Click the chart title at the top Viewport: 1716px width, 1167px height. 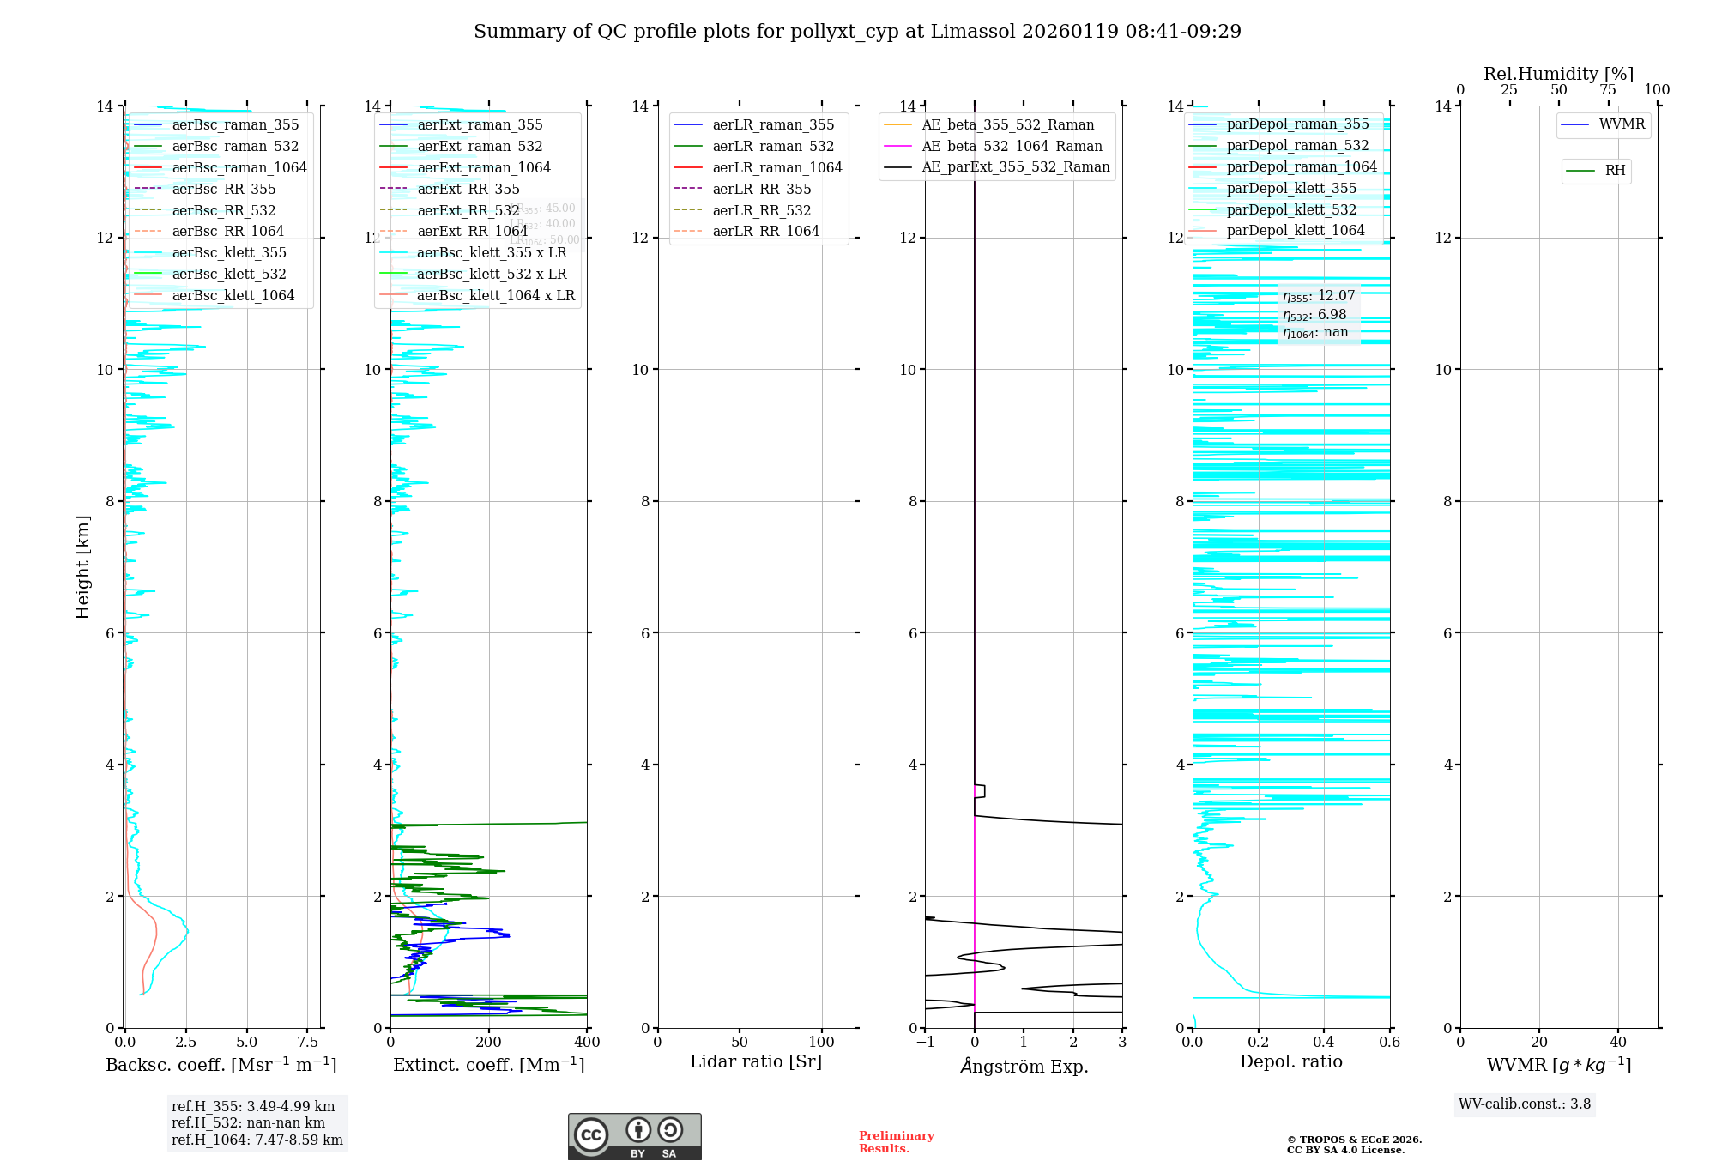tap(857, 32)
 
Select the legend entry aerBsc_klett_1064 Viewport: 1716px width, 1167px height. tap(233, 295)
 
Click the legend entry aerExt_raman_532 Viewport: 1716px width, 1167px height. tap(480, 146)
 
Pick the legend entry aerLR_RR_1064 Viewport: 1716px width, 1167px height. tap(765, 231)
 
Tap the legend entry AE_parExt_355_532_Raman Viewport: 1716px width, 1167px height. tap(1015, 166)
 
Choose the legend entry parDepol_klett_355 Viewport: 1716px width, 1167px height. tap(1291, 188)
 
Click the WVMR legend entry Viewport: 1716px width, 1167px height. tap(1622, 124)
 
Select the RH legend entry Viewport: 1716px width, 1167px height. tap(1615, 171)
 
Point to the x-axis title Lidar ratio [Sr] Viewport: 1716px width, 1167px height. tap(756, 1062)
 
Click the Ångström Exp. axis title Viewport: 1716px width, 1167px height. tap(1024, 1066)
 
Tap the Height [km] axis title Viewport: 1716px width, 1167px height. tap(82, 567)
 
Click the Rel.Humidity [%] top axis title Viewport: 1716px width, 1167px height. tap(1558, 74)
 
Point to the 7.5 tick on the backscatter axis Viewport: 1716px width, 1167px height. tap(308, 1043)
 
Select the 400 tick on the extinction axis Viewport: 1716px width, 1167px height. tap(587, 1043)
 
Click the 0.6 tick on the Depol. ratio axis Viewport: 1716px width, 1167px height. tap(1389, 1043)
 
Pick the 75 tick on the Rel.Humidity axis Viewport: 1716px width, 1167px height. tap(1608, 90)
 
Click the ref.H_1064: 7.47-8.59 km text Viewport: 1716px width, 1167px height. tap(257, 1140)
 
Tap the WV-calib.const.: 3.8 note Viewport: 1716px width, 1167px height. tap(1525, 1104)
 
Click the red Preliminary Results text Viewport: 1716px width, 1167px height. tap(896, 1142)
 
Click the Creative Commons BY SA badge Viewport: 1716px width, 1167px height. tap(635, 1137)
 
